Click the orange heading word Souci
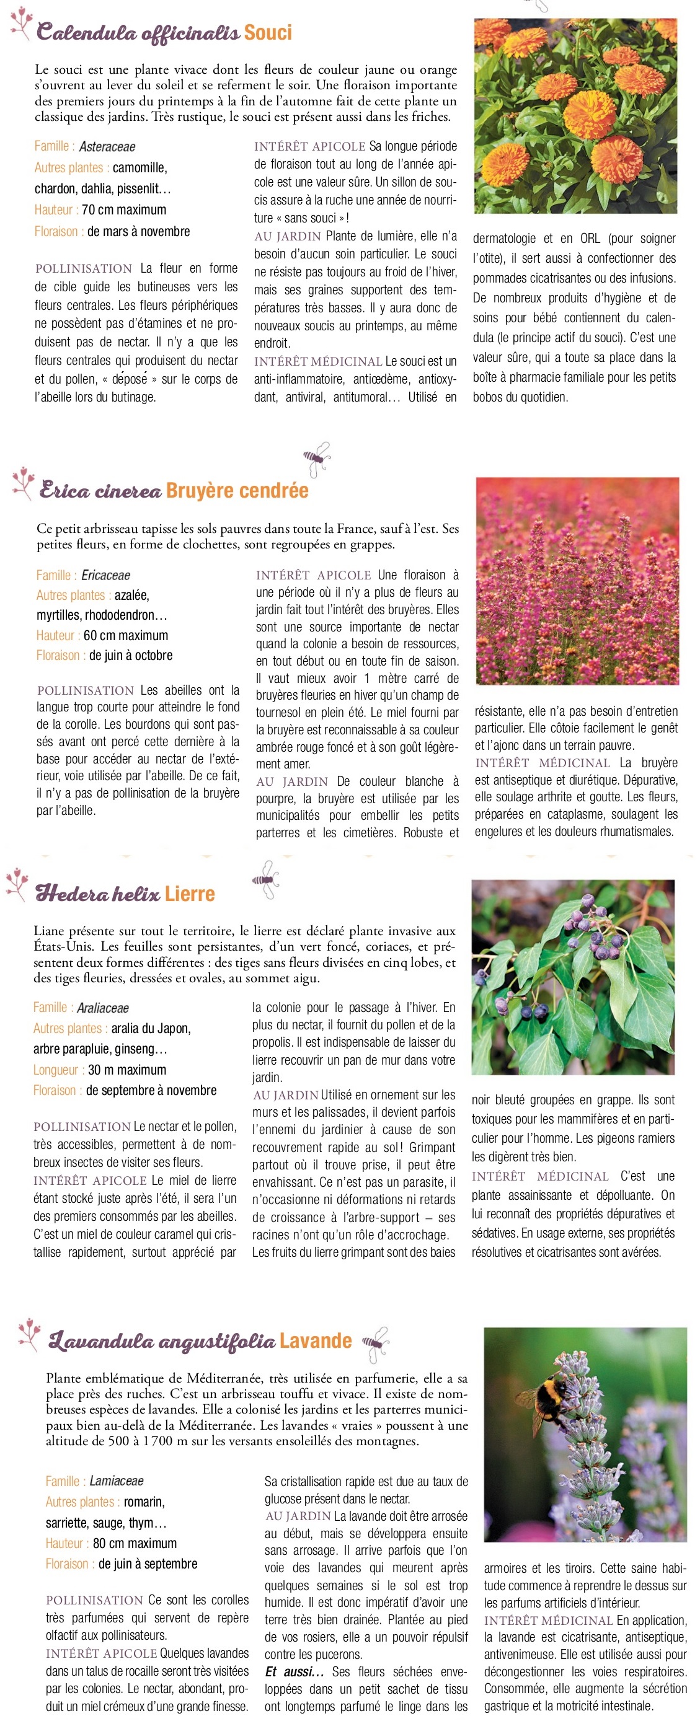tap(267, 33)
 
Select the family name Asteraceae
tap(107, 147)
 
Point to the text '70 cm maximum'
tap(123, 210)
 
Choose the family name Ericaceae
tap(105, 575)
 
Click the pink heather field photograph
tap(577, 581)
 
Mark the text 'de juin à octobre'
tap(131, 655)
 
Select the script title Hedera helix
tap(97, 894)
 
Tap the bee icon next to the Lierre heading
tap(266, 879)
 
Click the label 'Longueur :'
tap(58, 1070)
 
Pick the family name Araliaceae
tap(103, 1008)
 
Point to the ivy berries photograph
tap(572, 977)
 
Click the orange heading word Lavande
tap(316, 1341)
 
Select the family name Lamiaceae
tap(116, 1480)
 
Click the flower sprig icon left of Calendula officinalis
tap(22, 22)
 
